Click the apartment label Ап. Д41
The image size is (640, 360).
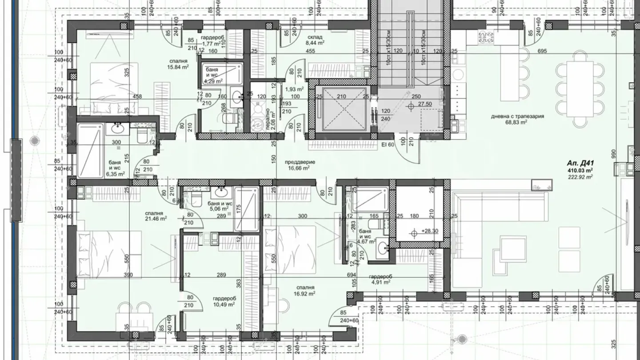580,163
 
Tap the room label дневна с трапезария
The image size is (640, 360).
518,116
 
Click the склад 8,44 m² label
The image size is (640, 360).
315,40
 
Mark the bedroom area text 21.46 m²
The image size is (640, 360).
156,219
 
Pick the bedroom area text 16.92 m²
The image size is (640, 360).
304,293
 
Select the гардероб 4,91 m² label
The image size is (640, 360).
381,279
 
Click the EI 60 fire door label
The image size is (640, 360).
387,144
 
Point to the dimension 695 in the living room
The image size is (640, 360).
542,52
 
